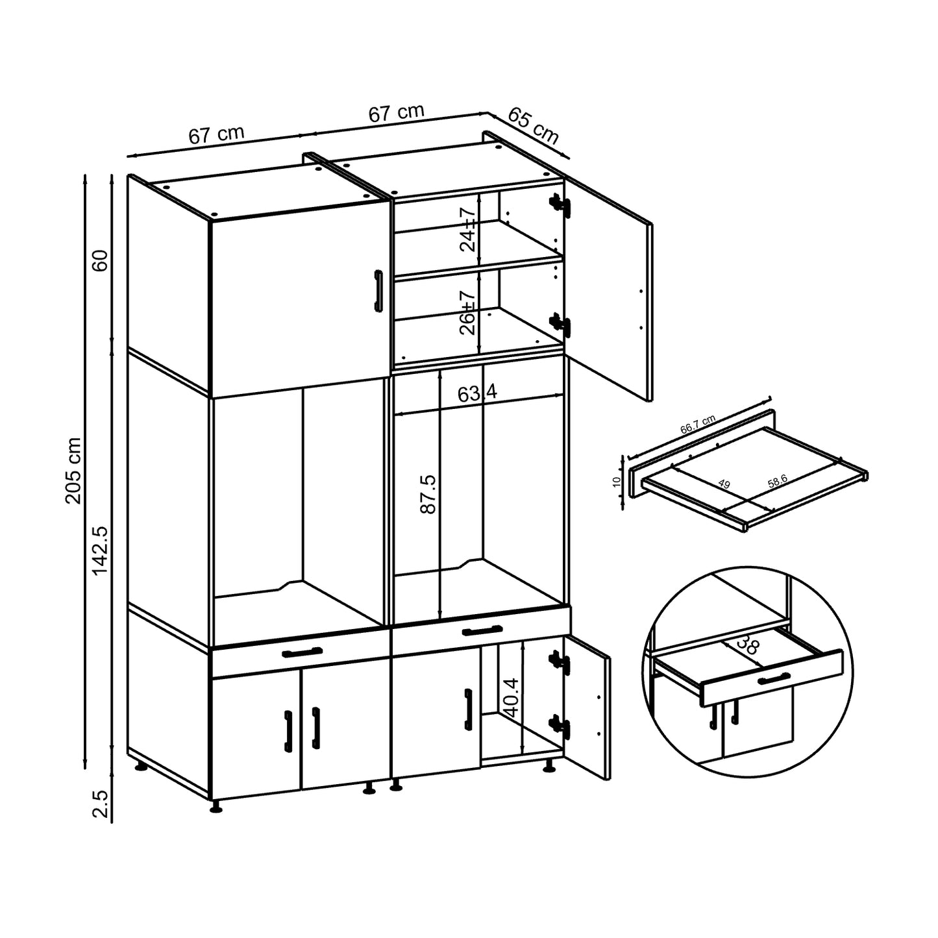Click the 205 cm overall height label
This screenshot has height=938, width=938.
click(x=73, y=471)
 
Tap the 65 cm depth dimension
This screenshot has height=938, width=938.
click(x=533, y=126)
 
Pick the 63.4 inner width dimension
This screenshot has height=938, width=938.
click(x=477, y=393)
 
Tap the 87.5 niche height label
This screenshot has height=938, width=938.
click(x=428, y=495)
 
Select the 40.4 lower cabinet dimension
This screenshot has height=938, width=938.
click(x=512, y=698)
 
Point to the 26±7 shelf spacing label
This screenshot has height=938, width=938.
click(x=467, y=313)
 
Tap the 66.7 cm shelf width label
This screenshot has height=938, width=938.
click(x=698, y=425)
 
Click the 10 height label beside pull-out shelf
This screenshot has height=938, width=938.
click(x=617, y=481)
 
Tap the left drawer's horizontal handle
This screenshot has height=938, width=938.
click(x=302, y=652)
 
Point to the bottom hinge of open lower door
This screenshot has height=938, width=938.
click(x=559, y=725)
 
